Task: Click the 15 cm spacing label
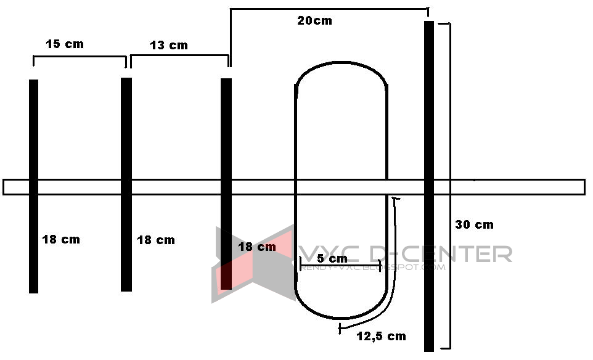point(64,44)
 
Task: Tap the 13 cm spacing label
point(168,45)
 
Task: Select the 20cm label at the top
point(314,21)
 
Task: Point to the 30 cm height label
point(474,224)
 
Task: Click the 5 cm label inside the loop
point(332,258)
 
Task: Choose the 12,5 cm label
point(381,336)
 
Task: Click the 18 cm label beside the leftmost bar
point(60,239)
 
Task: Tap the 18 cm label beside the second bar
point(155,240)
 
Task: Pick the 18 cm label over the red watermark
point(256,247)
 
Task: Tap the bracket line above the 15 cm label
point(80,57)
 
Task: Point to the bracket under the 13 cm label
point(179,55)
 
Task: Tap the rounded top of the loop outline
point(341,63)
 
